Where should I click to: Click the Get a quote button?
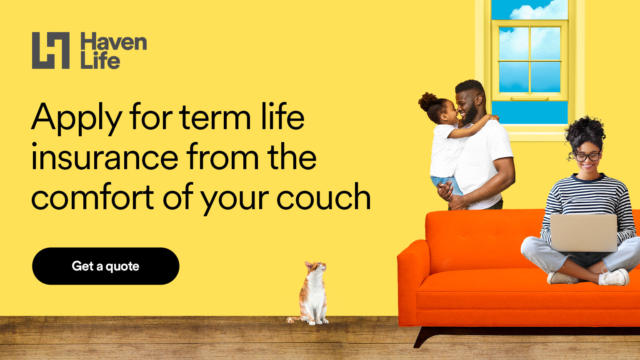coord(106,266)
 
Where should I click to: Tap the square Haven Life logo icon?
coord(51,50)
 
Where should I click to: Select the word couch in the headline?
coord(324,197)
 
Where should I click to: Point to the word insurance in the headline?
coord(105,157)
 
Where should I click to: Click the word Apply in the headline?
coord(77,118)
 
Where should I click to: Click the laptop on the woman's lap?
coord(583,233)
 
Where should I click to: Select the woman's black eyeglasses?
coord(587,157)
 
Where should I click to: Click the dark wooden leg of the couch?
coord(426,337)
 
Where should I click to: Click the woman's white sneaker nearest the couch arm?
coord(562,278)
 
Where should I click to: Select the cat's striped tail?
coord(294,319)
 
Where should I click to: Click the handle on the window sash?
coord(530,99)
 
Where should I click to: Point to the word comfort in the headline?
coord(92,197)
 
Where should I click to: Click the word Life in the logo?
coord(100,60)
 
